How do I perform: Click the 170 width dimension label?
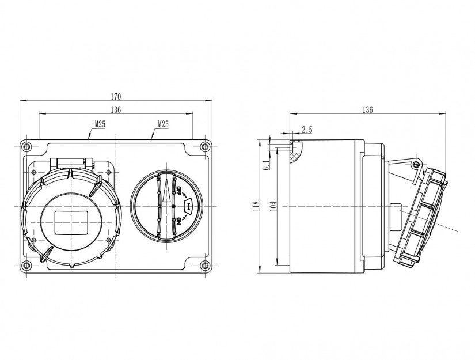tap(116, 97)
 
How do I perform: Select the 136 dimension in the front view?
tap(116, 109)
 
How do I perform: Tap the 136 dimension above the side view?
tap(367, 109)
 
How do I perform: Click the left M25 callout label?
tap(100, 124)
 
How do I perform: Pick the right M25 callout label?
tap(163, 124)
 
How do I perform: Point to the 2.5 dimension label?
tap(307, 130)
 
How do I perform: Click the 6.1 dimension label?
tap(266, 165)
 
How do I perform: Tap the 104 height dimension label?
tap(273, 206)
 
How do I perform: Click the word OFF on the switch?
tap(178, 190)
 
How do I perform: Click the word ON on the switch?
tap(178, 221)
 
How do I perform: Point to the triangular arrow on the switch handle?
tap(166, 190)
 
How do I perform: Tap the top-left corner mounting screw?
tap(26, 147)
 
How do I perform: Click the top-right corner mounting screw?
tap(205, 147)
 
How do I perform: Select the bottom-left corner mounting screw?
tap(26, 266)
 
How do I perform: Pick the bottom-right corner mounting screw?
tap(205, 266)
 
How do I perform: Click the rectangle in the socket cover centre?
tap(71, 223)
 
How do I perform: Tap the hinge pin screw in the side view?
tap(416, 165)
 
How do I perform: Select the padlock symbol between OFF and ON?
tap(188, 206)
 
